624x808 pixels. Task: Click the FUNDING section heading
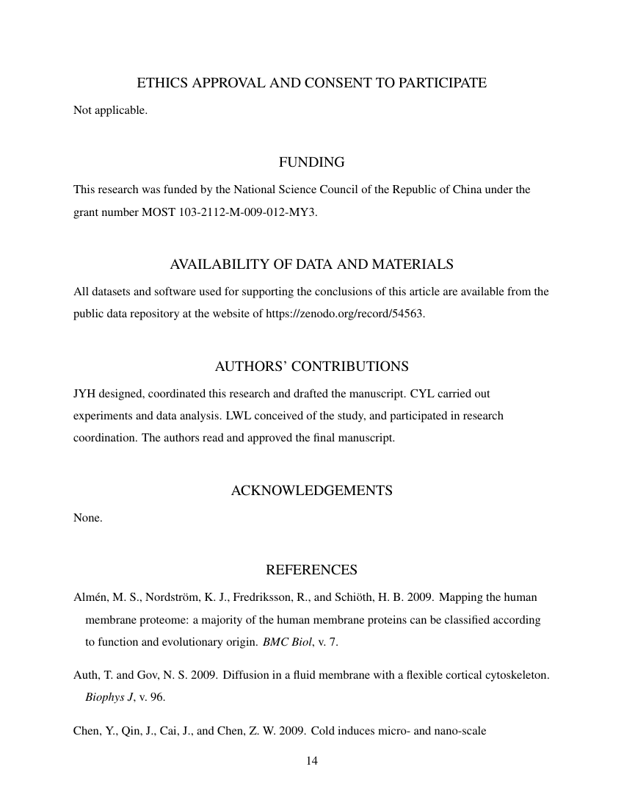311,162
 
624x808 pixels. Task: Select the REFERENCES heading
311,570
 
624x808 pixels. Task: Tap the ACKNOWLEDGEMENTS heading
311,490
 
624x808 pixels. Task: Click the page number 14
311,760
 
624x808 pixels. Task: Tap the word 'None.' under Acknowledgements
87,518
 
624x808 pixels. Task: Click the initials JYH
84,394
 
